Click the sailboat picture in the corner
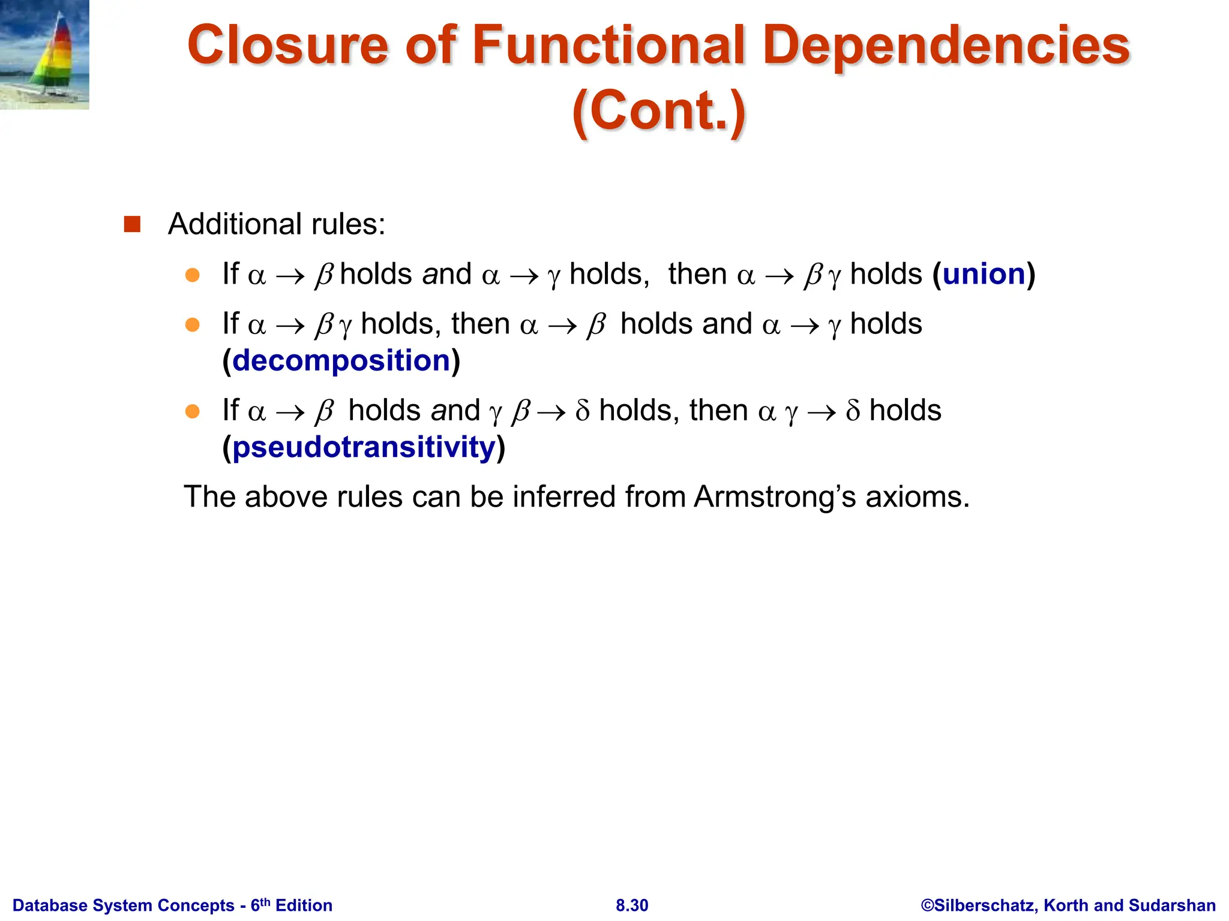click(44, 55)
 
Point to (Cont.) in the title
click(659, 111)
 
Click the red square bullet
click(132, 224)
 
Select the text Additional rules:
click(277, 224)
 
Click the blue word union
click(984, 275)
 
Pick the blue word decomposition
click(341, 360)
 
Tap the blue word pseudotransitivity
click(364, 447)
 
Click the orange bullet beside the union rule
click(192, 275)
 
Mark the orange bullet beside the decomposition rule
click(192, 325)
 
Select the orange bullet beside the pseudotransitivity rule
click(192, 411)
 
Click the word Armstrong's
click(775, 497)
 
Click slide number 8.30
click(632, 905)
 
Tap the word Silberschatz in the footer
click(985, 905)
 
